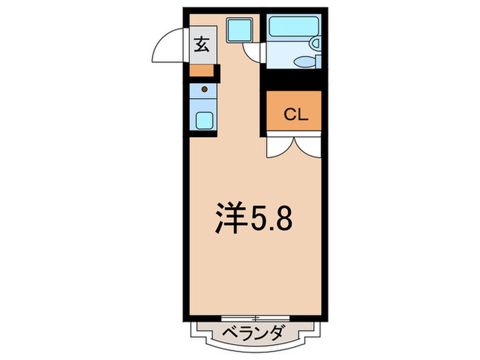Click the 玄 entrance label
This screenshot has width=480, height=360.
(x=202, y=45)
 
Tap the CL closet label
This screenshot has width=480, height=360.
(x=293, y=115)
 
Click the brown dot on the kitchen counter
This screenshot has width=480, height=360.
(x=203, y=89)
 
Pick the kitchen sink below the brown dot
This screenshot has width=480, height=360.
(x=204, y=119)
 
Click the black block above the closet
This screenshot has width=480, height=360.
(x=293, y=80)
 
